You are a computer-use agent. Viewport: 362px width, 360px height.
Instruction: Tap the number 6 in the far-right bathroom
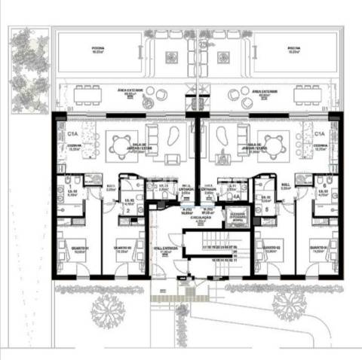click(324, 186)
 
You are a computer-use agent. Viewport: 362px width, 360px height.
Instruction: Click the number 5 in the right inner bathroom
click(265, 209)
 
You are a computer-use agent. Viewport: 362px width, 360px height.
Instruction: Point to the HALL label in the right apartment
click(286, 183)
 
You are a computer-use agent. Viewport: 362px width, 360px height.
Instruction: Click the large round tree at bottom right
click(289, 304)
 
